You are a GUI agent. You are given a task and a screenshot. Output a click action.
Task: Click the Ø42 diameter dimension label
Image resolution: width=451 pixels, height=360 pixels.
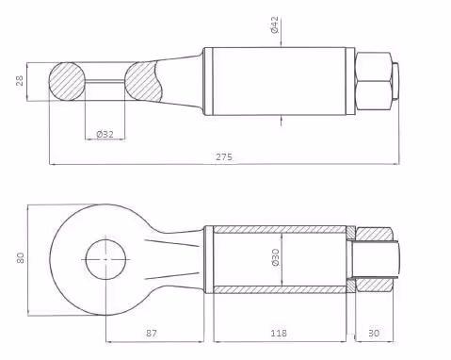(x=274, y=25)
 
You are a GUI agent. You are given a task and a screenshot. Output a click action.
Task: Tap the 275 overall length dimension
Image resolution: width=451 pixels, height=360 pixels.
(x=224, y=156)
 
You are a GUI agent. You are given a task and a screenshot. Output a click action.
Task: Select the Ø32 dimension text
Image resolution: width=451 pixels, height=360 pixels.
(x=105, y=135)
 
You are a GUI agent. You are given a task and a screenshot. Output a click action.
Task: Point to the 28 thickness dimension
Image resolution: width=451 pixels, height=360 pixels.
(x=20, y=80)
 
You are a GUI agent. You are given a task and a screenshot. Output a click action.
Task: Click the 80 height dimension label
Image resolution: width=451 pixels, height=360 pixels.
(x=20, y=257)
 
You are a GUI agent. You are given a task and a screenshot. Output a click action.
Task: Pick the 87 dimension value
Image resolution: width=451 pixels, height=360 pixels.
(x=152, y=333)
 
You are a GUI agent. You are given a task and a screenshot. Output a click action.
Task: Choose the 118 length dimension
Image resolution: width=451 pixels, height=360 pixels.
(x=279, y=333)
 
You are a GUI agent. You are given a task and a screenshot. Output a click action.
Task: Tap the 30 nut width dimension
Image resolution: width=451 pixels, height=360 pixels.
(x=374, y=333)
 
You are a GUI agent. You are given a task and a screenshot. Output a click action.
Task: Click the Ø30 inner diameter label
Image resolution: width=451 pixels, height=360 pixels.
(x=275, y=257)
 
